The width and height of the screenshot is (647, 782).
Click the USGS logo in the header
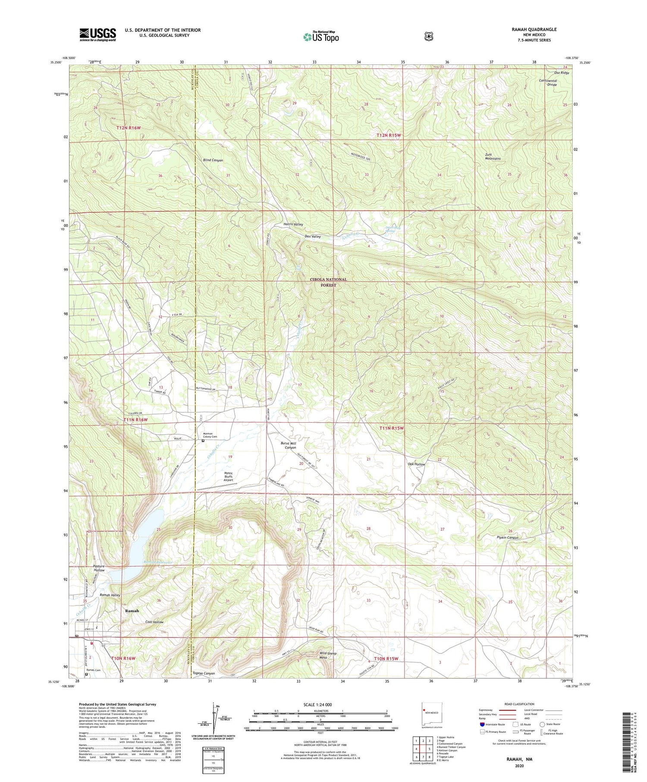[97, 35]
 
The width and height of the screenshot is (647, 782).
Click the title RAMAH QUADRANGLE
[532, 29]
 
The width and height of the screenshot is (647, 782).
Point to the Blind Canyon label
[213, 160]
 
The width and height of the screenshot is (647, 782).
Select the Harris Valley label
[293, 224]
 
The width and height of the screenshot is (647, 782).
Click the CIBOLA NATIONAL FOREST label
[328, 282]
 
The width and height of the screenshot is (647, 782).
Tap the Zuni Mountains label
[492, 156]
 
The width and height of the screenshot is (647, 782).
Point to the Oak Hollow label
[416, 464]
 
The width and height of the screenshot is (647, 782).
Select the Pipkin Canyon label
[507, 537]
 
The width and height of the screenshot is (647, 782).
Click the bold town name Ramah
[132, 611]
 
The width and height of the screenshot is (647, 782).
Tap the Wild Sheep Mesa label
[328, 656]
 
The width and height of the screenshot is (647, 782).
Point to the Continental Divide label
[548, 82]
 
